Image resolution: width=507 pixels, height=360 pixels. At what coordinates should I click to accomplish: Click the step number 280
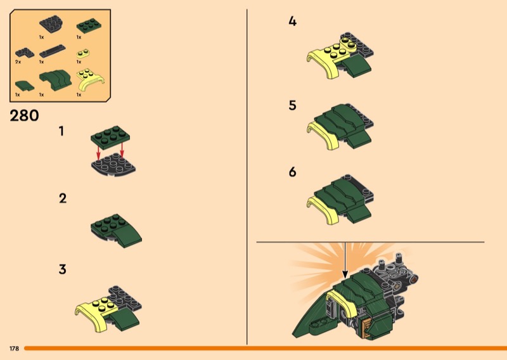(24, 116)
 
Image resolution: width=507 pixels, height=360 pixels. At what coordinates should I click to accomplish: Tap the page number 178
(14, 349)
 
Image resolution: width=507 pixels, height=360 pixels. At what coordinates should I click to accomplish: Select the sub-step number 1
(61, 131)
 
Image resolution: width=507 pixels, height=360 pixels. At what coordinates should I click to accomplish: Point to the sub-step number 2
(63, 198)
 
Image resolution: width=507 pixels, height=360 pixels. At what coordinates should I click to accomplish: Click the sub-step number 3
(62, 269)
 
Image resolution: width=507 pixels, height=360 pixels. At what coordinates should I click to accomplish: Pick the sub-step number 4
(292, 22)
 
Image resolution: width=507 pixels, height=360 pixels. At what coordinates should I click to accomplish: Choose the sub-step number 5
(292, 105)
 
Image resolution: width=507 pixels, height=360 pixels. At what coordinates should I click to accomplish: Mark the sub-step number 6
(292, 172)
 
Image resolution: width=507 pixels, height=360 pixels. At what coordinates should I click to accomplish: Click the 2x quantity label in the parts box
(18, 61)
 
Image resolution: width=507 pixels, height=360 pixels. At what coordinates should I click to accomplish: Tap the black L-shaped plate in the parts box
(25, 53)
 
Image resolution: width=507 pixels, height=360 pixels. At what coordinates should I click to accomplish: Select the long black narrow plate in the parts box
(53, 51)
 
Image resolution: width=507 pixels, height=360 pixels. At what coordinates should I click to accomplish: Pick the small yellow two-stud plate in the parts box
(83, 53)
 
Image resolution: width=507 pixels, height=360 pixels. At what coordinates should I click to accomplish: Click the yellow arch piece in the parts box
(90, 80)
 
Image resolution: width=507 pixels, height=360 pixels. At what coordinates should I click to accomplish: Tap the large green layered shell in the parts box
(55, 80)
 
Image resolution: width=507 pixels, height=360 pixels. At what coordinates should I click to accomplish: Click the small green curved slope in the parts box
(25, 86)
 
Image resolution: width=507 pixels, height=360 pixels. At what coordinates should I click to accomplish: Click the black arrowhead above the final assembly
(345, 274)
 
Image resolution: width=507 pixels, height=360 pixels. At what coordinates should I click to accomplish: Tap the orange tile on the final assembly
(366, 328)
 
